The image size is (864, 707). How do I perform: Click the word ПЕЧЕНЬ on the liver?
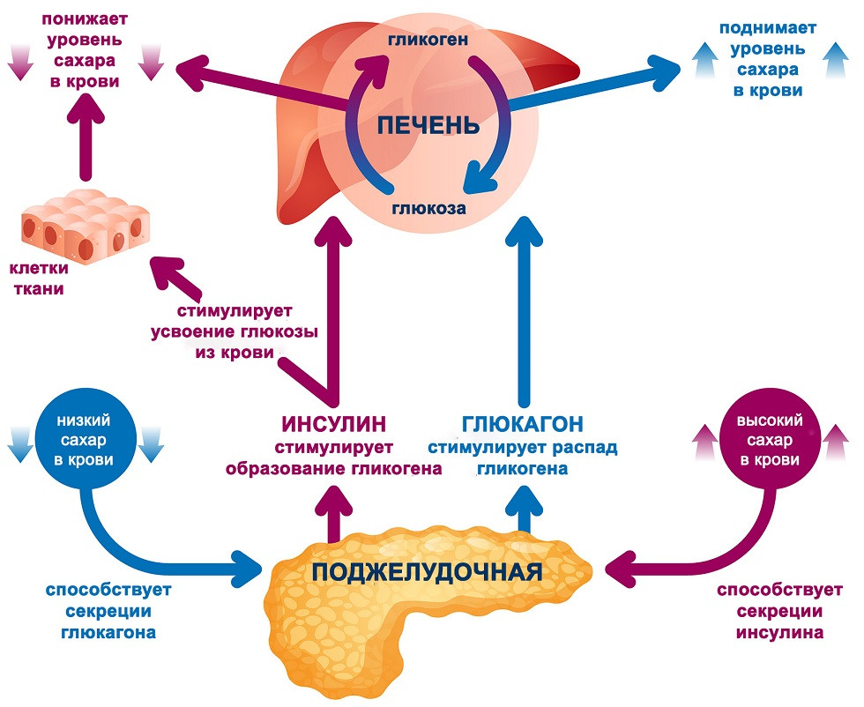pos(428,124)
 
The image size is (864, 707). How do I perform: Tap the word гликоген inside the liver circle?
pos(427,39)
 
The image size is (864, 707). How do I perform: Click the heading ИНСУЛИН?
pos(333,423)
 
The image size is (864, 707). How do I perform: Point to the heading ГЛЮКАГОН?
pos(524,423)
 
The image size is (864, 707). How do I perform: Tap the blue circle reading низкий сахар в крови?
pos(85,437)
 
